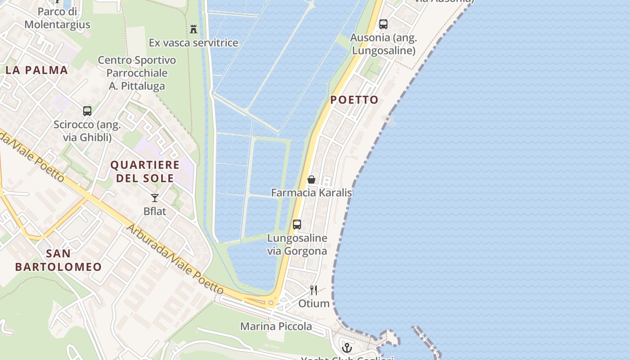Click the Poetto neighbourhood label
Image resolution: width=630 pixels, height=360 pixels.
355,100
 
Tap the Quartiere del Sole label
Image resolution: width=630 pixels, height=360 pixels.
145,171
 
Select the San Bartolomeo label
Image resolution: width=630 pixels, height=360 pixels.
58,260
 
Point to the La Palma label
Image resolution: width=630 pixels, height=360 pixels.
37,70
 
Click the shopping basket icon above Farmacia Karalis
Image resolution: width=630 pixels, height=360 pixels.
311,180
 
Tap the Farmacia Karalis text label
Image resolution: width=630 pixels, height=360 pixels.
311,193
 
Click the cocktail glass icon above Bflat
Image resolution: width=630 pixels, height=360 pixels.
155,198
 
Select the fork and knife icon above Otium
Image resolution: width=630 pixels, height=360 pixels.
314,290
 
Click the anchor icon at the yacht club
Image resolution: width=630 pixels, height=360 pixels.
346,347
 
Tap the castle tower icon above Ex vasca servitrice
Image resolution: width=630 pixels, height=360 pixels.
193,29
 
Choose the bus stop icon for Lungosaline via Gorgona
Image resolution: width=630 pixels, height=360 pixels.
297,225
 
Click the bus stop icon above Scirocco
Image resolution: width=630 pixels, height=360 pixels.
87,111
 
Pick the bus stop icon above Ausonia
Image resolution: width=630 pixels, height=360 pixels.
383,24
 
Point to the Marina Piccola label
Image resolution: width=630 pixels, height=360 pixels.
276,326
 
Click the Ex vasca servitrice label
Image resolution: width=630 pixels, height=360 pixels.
193,43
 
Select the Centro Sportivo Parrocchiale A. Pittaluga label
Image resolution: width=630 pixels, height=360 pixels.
137,73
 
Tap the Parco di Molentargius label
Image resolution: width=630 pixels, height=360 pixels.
57,18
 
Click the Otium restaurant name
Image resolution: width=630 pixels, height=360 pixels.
314,304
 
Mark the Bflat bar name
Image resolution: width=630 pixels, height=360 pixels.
155,211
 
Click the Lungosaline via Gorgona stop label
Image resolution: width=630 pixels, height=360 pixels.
297,244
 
